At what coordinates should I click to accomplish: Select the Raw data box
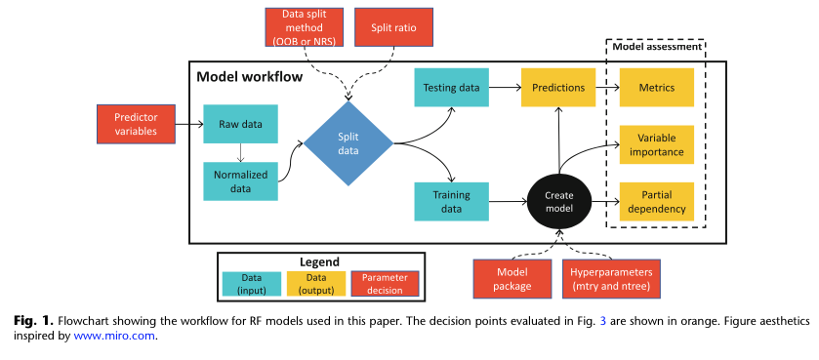click(239, 124)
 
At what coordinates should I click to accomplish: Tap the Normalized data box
click(239, 181)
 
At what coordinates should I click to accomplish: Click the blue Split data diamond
click(348, 144)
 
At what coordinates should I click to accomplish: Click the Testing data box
click(450, 88)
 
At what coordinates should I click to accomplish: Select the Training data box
click(450, 202)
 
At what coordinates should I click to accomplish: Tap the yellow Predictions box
click(557, 88)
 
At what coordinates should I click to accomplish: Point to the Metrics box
click(656, 88)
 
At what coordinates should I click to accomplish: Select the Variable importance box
click(656, 144)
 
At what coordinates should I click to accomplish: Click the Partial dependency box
click(656, 202)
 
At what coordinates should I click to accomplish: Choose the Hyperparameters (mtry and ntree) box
click(611, 279)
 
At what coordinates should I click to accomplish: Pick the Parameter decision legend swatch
click(385, 283)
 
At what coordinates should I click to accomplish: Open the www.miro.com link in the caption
click(115, 337)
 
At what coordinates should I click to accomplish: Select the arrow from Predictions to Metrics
click(606, 88)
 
